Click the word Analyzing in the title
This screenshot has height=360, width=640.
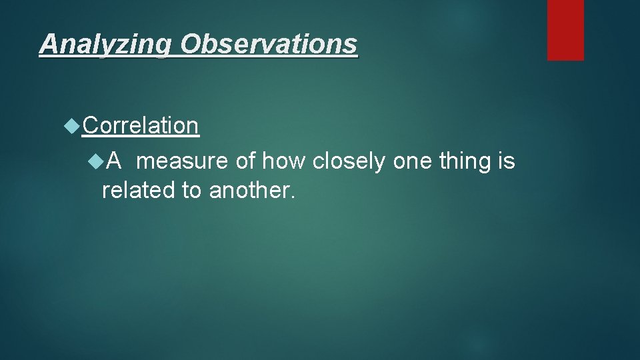tap(106, 45)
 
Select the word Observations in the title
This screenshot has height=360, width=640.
tap(269, 44)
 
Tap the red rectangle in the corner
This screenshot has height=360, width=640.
tap(565, 30)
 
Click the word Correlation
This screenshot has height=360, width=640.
tap(141, 125)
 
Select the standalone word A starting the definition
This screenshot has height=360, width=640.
tap(113, 161)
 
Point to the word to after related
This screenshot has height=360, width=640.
tap(192, 191)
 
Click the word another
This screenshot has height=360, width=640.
tap(248, 191)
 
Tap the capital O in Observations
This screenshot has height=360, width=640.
tap(189, 44)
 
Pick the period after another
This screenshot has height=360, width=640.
tap(291, 198)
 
